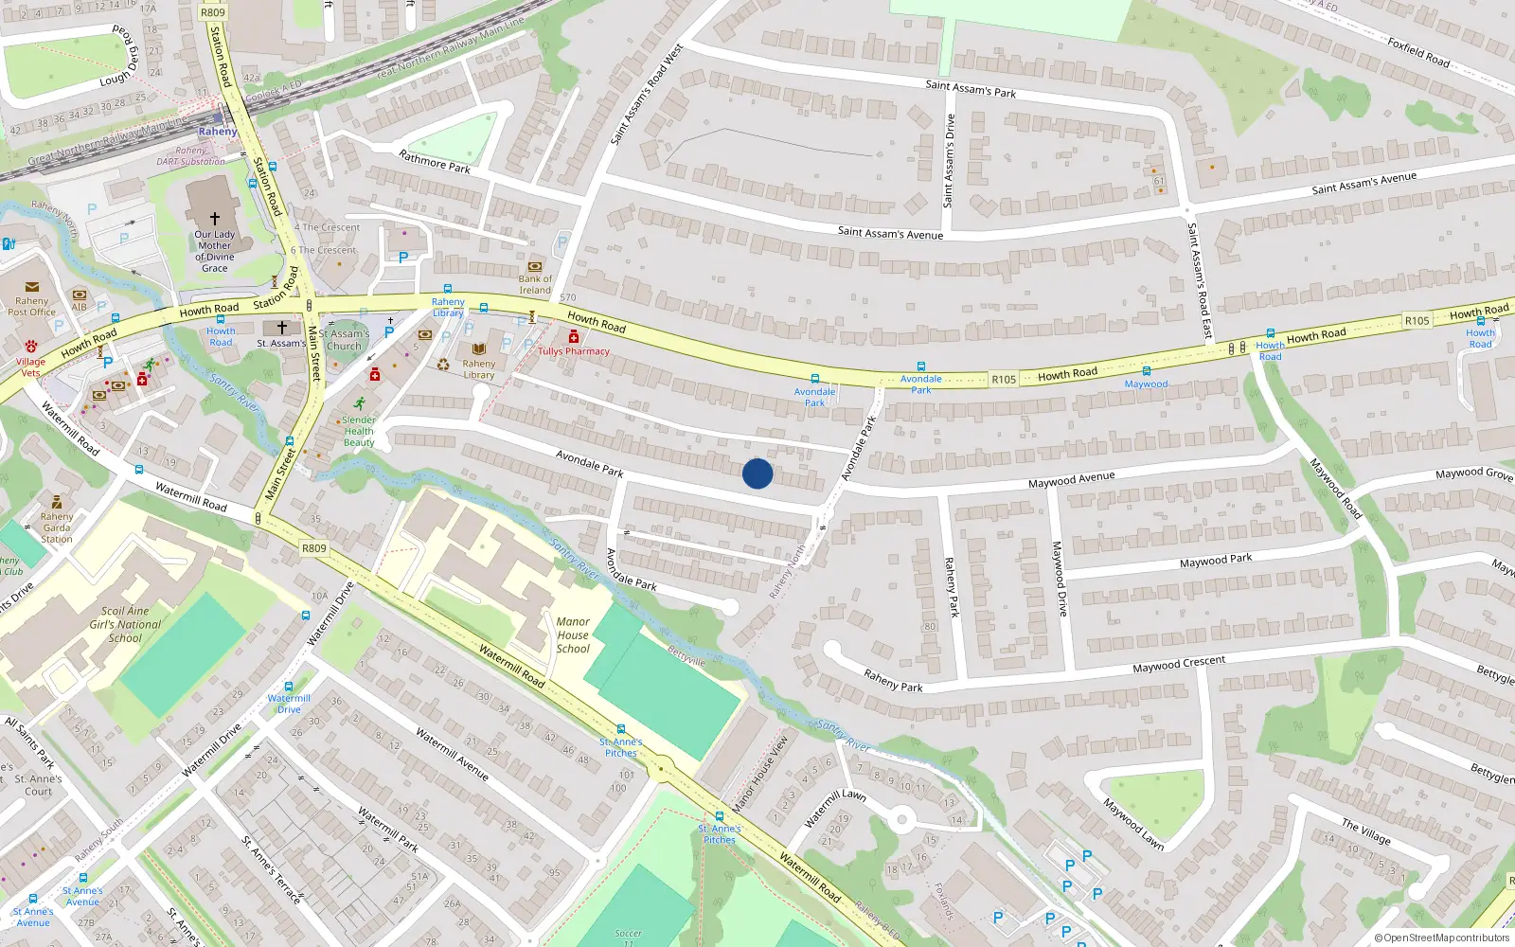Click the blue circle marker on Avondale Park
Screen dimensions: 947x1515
(757, 473)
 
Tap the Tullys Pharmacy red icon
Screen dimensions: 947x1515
(573, 337)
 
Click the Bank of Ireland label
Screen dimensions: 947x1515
(535, 284)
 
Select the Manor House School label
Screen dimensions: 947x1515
(573, 635)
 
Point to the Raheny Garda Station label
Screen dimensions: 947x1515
(57, 527)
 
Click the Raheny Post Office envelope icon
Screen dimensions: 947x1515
(31, 287)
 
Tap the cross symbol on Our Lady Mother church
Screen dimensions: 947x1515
(215, 218)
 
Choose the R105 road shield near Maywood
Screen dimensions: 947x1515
(1004, 379)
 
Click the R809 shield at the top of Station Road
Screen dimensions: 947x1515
(213, 12)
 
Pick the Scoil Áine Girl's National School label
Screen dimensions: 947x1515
(126, 625)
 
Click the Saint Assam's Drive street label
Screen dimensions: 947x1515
(949, 161)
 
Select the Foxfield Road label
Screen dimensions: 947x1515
(1418, 52)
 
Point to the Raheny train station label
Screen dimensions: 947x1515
(218, 132)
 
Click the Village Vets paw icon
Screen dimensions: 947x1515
(31, 347)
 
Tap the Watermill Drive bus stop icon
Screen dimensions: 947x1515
(289, 687)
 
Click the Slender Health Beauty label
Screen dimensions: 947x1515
(359, 431)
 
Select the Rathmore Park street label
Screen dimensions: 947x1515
(435, 162)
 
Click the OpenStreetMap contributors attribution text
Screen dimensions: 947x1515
(1442, 938)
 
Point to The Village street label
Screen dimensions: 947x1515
(1366, 831)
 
